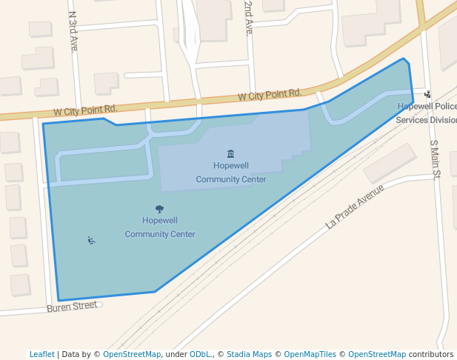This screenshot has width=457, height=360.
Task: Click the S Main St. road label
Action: (435, 159)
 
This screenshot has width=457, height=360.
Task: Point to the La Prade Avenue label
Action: (355, 206)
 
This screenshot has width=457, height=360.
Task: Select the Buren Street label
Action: (72, 305)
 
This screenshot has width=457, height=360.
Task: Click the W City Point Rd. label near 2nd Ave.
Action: (270, 95)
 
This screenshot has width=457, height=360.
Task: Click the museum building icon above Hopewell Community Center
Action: (231, 153)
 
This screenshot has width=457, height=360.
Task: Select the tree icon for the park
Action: (159, 209)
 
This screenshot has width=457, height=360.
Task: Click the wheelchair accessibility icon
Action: (91, 240)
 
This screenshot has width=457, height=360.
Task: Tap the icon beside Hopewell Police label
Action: (427, 94)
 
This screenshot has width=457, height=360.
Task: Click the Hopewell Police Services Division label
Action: (427, 113)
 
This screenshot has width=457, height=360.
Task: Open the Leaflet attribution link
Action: (42, 354)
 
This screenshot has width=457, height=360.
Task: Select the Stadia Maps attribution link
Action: (248, 354)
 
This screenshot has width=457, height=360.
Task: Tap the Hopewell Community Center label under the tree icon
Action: (160, 227)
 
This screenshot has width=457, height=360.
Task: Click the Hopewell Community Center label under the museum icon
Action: (231, 172)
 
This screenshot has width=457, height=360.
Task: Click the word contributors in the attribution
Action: (430, 354)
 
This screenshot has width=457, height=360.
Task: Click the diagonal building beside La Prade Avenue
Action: (390, 162)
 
